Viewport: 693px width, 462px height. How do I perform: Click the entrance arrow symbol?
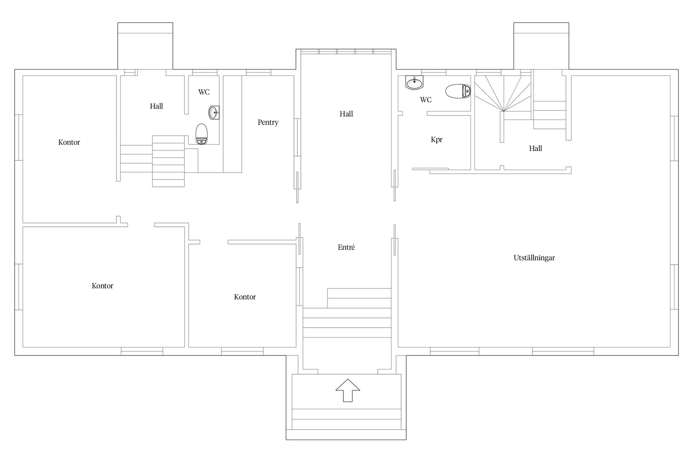click(348, 390)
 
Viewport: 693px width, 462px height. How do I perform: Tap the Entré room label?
click(346, 247)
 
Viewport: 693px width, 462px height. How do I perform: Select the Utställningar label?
click(534, 258)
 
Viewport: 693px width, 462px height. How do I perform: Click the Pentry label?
click(268, 122)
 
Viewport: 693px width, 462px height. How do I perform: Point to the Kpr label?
click(436, 140)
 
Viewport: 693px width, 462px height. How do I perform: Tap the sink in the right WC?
click(414, 83)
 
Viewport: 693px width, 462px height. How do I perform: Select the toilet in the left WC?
click(202, 134)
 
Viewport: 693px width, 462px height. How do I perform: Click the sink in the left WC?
click(214, 113)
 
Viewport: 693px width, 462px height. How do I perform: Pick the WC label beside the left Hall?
click(204, 92)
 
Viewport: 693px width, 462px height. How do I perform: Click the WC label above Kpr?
click(426, 100)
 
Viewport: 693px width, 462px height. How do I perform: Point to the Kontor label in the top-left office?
click(69, 142)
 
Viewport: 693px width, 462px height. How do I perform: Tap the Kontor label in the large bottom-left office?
click(103, 286)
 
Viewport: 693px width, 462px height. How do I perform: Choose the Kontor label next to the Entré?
click(245, 297)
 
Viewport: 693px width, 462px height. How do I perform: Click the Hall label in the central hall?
click(346, 114)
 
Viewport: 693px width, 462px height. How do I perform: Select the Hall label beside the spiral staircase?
click(535, 148)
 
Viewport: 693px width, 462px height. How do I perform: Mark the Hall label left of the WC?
click(156, 106)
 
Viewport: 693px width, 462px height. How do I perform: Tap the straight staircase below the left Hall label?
click(169, 161)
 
